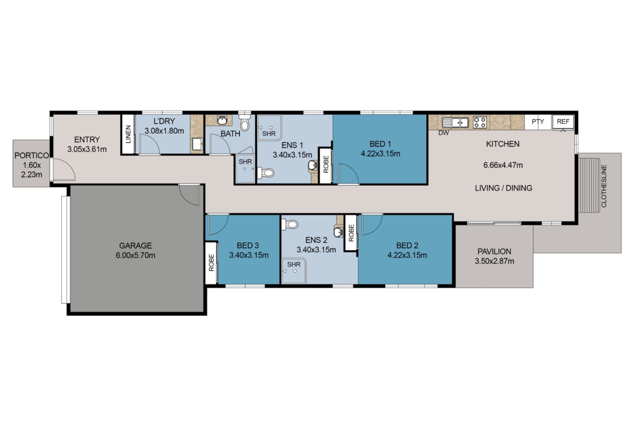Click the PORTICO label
(31, 155)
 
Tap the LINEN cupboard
(128, 134)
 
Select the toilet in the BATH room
(245, 122)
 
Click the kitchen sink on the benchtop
(455, 122)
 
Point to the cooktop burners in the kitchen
(479, 122)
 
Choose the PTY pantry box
(538, 122)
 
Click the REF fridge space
(563, 122)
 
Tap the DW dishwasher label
(443, 133)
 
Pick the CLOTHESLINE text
(604, 186)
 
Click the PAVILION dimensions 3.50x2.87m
(494, 261)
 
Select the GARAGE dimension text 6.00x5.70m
(135, 256)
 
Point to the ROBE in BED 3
(212, 262)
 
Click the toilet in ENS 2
(290, 224)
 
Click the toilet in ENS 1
(266, 173)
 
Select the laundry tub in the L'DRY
(197, 144)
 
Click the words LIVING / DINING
(503, 188)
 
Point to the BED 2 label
(407, 245)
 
